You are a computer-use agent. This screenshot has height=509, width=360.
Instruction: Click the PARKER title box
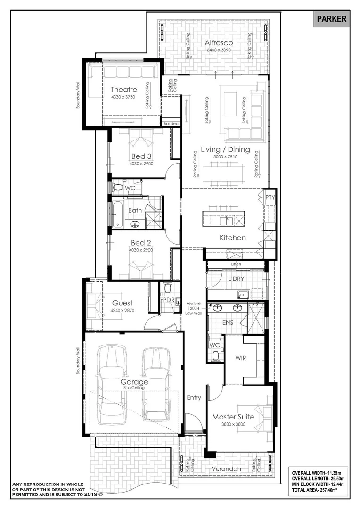tap(331, 19)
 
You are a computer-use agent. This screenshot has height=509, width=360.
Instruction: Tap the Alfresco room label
tap(219, 43)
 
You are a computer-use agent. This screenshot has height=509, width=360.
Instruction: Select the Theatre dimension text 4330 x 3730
tap(124, 97)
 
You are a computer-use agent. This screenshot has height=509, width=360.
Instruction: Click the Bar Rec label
tap(171, 123)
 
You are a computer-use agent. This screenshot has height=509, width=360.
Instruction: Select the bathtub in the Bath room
tap(117, 213)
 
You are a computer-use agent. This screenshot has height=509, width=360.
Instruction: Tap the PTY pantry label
tap(269, 197)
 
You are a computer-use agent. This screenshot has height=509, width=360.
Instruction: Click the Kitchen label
tap(233, 238)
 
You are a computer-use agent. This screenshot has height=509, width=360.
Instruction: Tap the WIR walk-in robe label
tap(240, 358)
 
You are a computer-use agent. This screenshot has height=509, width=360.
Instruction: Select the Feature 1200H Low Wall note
tap(194, 308)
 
